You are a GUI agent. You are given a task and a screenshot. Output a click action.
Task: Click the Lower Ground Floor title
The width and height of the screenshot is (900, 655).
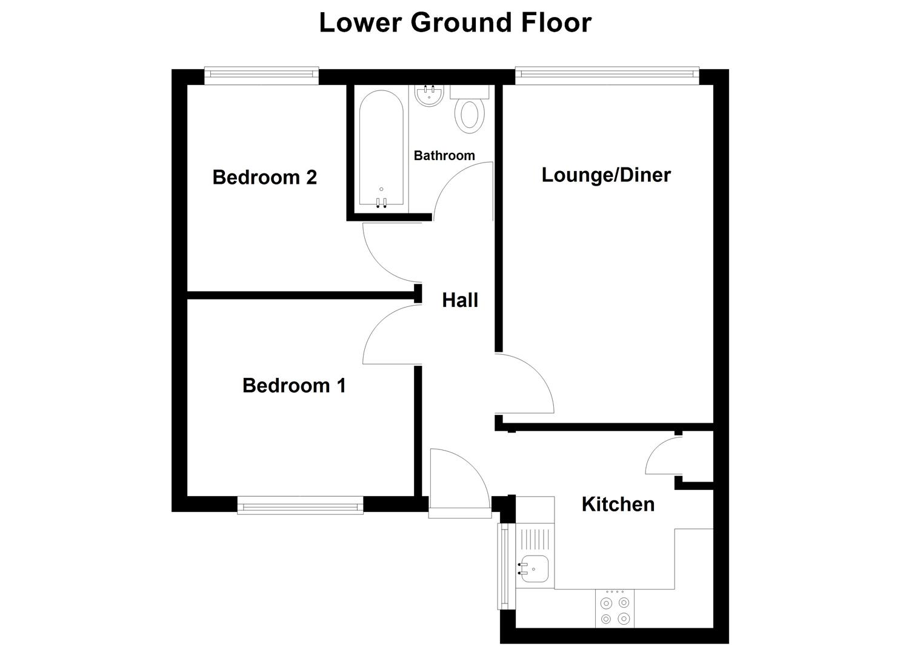pyautogui.click(x=455, y=23)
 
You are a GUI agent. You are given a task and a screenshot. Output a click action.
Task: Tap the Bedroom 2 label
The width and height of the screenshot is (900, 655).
pyautogui.click(x=264, y=177)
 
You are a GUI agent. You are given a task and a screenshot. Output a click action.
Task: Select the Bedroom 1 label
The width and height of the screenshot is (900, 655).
pyautogui.click(x=294, y=385)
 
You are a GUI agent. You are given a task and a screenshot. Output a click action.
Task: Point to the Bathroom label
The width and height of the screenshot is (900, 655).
pyautogui.click(x=444, y=156)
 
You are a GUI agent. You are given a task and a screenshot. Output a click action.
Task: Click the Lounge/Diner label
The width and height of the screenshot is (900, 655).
pyautogui.click(x=606, y=175)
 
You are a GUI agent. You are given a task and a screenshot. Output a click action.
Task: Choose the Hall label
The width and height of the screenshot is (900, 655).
pyautogui.click(x=460, y=300)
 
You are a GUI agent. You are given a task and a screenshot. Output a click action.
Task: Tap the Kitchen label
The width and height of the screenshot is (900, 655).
pyautogui.click(x=618, y=504)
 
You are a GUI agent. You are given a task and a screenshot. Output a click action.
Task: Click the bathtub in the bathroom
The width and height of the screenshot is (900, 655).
pyautogui.click(x=381, y=149)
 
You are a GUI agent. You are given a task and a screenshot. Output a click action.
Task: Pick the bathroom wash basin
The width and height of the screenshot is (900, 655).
pyautogui.click(x=430, y=95)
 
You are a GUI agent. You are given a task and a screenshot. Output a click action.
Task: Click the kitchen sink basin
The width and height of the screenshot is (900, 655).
pyautogui.click(x=533, y=569)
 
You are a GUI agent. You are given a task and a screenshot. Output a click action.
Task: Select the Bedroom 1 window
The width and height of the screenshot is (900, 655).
pyautogui.click(x=300, y=505)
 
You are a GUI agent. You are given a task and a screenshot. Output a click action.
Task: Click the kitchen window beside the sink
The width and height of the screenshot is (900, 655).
pyautogui.click(x=504, y=565)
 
